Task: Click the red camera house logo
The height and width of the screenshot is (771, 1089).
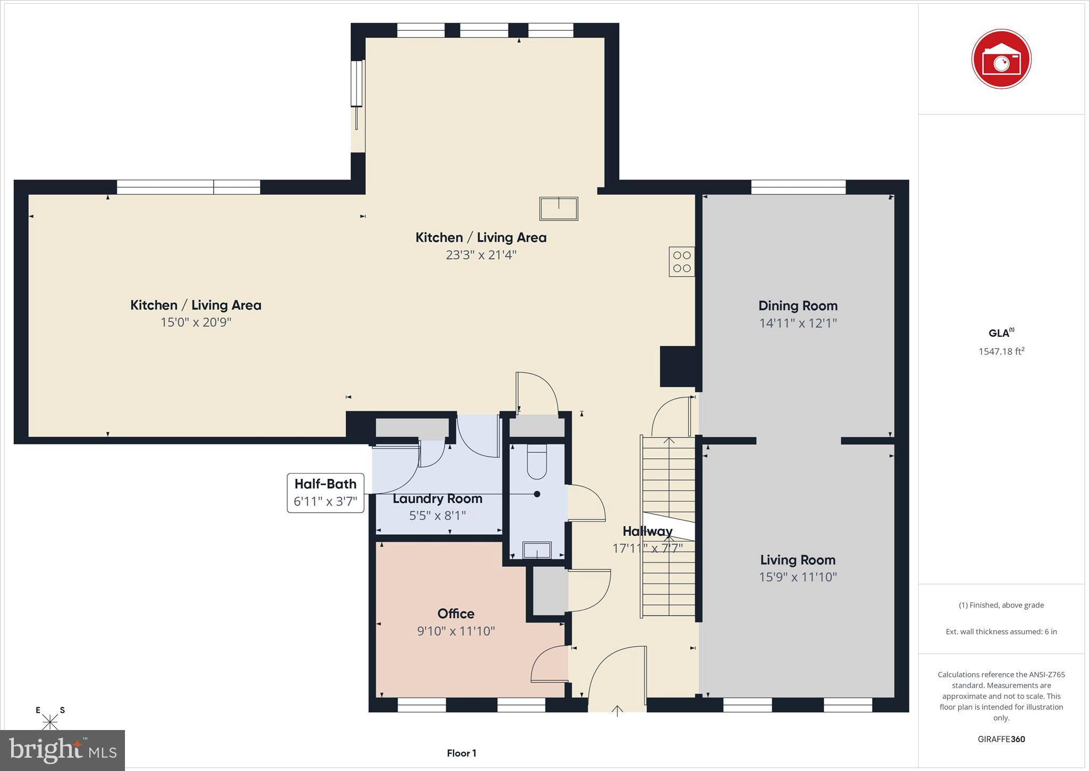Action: [1001, 59]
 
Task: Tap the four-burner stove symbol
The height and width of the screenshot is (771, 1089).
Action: [682, 261]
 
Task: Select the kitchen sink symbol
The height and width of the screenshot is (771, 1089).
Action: [558, 209]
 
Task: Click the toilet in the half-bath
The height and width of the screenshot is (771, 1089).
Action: [537, 461]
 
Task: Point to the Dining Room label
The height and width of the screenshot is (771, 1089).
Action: [798, 305]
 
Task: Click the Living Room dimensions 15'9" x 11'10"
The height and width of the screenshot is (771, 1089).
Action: [798, 577]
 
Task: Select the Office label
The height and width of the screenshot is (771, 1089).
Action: [456, 614]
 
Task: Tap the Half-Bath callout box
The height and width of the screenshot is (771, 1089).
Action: [325, 493]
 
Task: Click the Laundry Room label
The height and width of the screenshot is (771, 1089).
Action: [437, 499]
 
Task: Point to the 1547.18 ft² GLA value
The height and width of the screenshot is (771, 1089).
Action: [1001, 351]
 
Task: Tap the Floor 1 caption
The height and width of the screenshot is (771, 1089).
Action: [461, 753]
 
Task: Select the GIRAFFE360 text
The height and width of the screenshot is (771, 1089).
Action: [1001, 739]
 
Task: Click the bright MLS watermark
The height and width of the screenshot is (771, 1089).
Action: [63, 750]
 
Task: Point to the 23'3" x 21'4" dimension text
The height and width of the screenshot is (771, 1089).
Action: [481, 255]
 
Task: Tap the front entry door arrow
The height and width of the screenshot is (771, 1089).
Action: [617, 710]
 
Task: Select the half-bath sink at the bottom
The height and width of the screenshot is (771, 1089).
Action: [537, 550]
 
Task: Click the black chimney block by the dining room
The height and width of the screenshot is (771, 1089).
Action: [677, 366]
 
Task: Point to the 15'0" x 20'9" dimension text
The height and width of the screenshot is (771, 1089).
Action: [196, 322]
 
